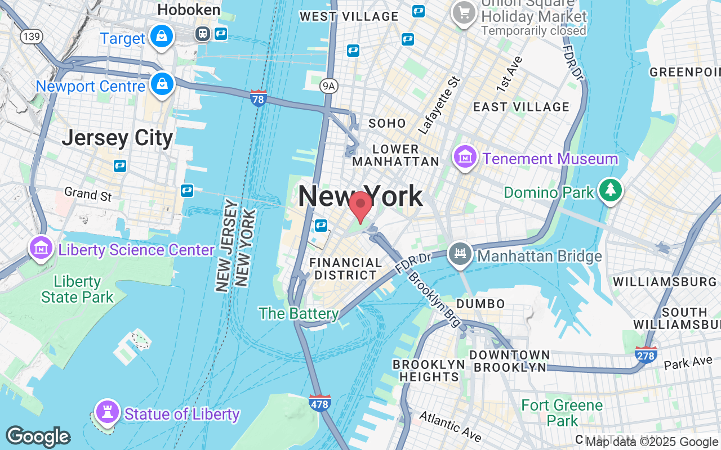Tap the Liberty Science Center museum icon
[x=41, y=247]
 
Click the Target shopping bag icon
[x=162, y=37]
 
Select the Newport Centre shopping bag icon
[x=162, y=84]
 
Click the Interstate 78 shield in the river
[x=259, y=97]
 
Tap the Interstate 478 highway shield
[x=319, y=403]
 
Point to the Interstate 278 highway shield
[x=645, y=354]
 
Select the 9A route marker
[x=328, y=85]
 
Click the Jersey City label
[x=117, y=138]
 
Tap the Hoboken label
[x=189, y=10]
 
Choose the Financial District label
[x=345, y=269]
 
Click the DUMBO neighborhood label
[x=480, y=304]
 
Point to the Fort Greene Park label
[x=562, y=412]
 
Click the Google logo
[x=38, y=436]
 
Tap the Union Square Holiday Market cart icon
[x=464, y=12]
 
